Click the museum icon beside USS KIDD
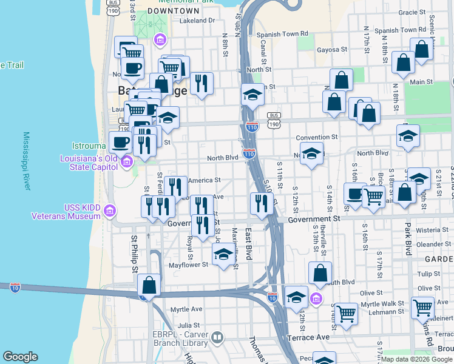110,211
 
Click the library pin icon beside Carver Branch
217,337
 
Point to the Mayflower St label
188,265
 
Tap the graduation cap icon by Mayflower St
223,254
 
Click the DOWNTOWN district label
173,11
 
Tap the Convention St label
316,138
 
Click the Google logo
21,357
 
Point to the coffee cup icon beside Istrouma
120,142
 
